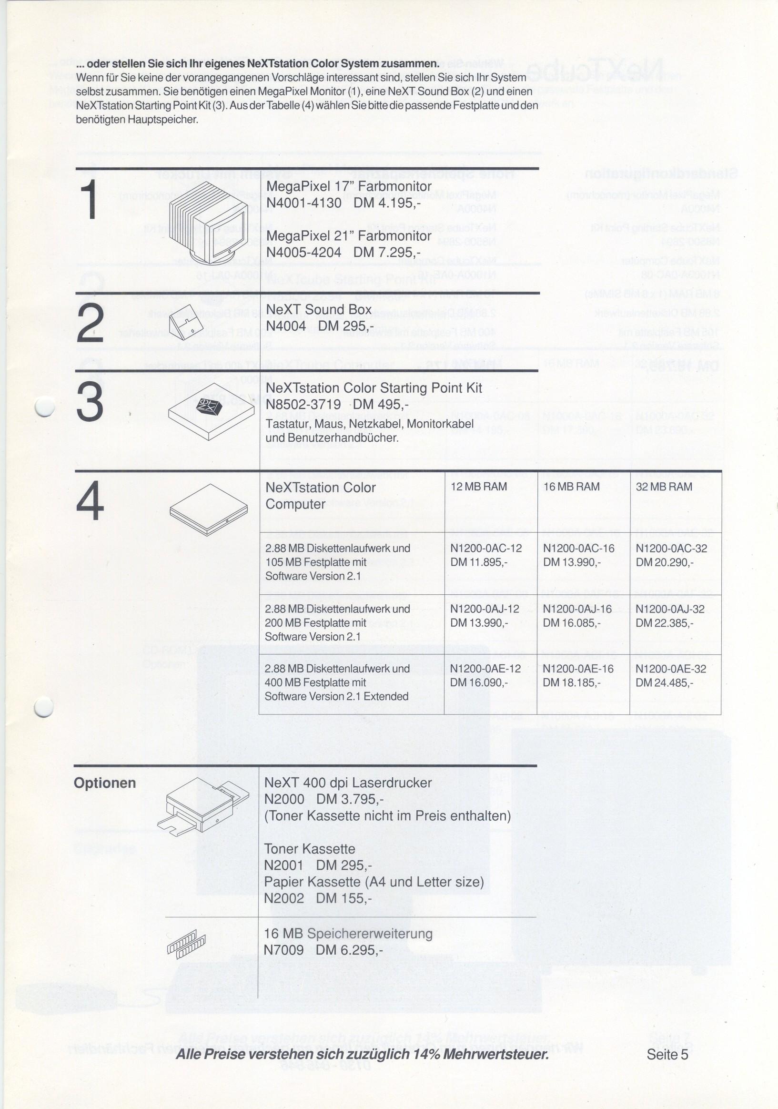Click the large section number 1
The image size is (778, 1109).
pyautogui.click(x=91, y=201)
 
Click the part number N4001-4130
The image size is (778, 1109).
pyautogui.click(x=304, y=203)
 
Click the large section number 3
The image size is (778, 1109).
pyautogui.click(x=90, y=401)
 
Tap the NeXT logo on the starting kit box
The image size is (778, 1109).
pyautogui.click(x=209, y=406)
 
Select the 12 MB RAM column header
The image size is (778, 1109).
pyautogui.click(x=479, y=487)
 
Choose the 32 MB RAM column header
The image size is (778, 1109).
pyautogui.click(x=664, y=487)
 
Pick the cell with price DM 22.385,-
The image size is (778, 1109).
pyautogui.click(x=664, y=623)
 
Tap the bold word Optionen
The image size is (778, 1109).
pyautogui.click(x=105, y=783)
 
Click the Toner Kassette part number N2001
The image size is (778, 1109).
pyautogui.click(x=283, y=865)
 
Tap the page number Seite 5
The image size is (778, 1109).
pyautogui.click(x=667, y=1054)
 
